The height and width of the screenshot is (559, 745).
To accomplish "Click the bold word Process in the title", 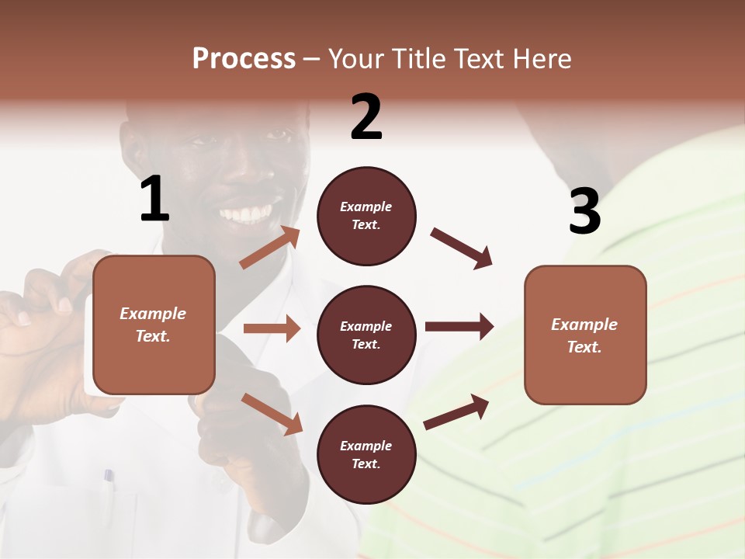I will [244, 59].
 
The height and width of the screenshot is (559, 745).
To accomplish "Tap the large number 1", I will [154, 200].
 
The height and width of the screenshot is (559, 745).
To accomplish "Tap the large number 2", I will [366, 118].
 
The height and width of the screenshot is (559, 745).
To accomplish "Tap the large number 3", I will [585, 211].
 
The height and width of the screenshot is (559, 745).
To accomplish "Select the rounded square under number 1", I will [154, 325].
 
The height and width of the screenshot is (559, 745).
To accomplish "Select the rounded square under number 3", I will [585, 335].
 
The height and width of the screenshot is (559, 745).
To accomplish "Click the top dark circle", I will [366, 216].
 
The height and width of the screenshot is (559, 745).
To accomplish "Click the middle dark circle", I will [366, 335].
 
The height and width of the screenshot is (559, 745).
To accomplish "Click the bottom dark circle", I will [366, 455].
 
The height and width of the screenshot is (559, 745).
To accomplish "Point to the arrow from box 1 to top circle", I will [269, 248].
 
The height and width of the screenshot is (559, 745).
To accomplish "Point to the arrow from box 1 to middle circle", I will [272, 328].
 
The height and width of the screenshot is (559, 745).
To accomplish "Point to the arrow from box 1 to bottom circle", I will [272, 413].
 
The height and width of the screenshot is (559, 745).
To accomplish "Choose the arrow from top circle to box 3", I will [461, 248].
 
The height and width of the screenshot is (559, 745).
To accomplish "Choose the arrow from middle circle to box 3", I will [459, 326].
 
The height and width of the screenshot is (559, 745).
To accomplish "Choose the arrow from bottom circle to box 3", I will [456, 411].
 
